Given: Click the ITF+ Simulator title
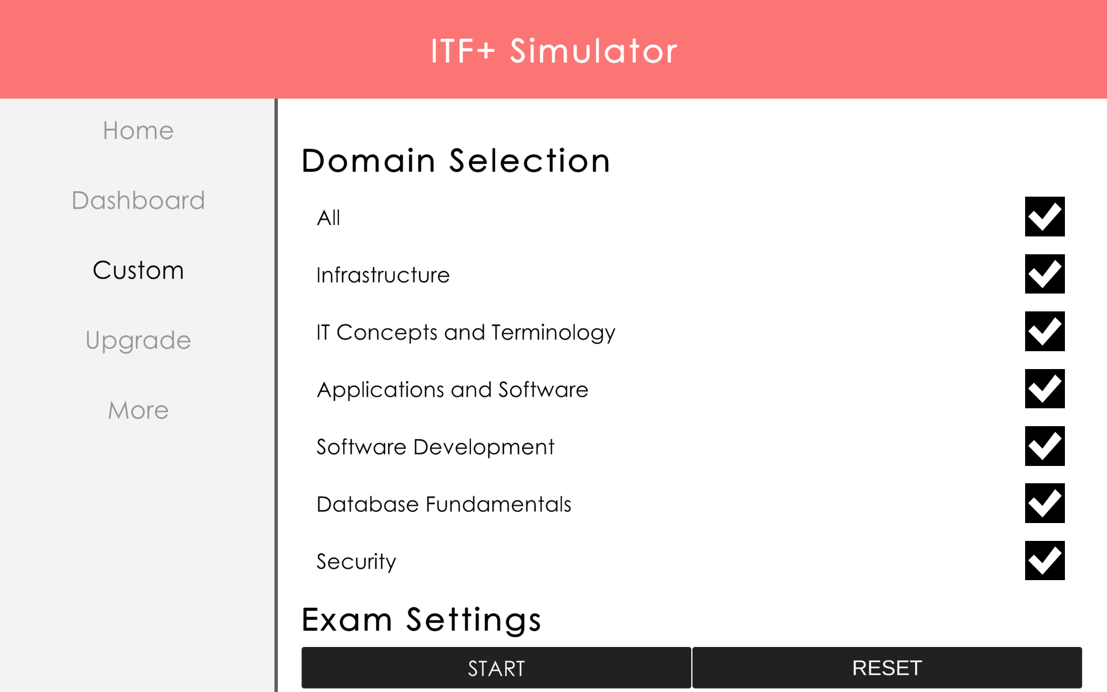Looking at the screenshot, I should [553, 51].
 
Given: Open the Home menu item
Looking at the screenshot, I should [138, 131].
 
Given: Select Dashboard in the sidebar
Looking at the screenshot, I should [138, 201].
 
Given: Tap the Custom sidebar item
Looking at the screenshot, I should [138, 270].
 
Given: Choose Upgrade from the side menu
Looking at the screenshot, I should [138, 340].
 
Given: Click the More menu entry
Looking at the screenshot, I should [138, 410].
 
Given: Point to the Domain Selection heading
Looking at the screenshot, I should [455, 160].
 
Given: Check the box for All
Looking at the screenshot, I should [1044, 217].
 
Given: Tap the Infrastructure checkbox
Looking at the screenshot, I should [1044, 274].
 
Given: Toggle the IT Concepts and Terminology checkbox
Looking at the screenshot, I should [1044, 332].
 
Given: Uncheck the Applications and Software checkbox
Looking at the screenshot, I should [1044, 389].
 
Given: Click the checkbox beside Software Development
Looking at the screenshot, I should [1044, 446].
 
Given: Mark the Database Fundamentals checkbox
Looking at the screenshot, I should [1044, 503].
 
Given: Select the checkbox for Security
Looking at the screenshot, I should [1044, 561].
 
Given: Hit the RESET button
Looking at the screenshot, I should [887, 668].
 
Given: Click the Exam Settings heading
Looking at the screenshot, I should [421, 620].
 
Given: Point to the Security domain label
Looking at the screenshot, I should [356, 562].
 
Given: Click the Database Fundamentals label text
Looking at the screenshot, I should [444, 505].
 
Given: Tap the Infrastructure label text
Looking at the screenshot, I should [383, 275].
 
